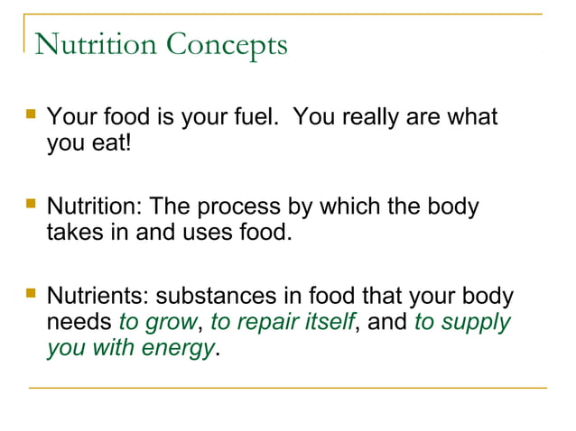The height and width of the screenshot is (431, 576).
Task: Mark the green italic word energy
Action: [x=177, y=347]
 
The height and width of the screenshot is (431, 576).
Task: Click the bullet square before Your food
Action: [x=32, y=116]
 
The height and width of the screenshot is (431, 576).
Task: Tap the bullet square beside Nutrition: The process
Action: [x=32, y=206]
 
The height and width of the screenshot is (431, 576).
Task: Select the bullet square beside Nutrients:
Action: [x=32, y=295]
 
